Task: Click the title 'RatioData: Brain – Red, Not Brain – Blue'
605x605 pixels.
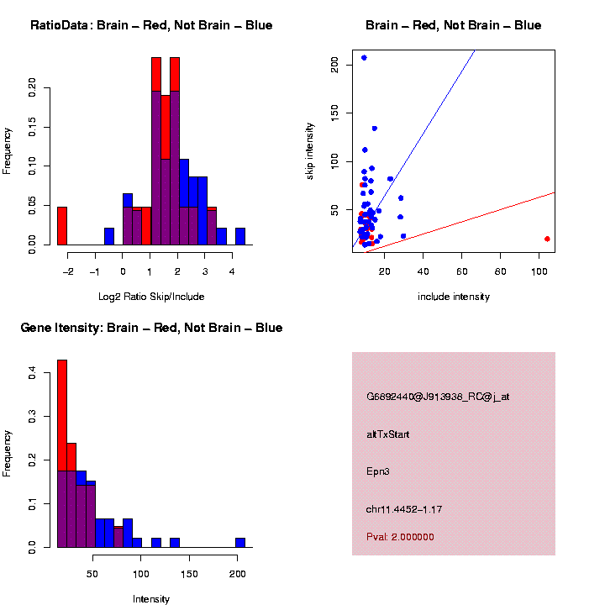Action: point(151,25)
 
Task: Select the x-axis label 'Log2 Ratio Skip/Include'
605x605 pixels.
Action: point(151,297)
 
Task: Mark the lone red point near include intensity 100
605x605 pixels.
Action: point(547,239)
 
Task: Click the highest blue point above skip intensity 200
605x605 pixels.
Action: point(364,58)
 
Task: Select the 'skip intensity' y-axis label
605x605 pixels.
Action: point(321,150)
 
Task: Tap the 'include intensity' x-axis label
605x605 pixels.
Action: point(454,297)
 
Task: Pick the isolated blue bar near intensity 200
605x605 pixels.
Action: point(240,543)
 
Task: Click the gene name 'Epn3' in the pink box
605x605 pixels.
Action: point(378,471)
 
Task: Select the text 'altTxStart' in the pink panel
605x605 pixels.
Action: point(388,434)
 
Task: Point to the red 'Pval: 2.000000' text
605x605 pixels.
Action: point(400,536)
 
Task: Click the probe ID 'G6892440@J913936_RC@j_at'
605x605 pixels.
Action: point(438,397)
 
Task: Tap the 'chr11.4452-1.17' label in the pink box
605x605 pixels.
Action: point(404,509)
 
